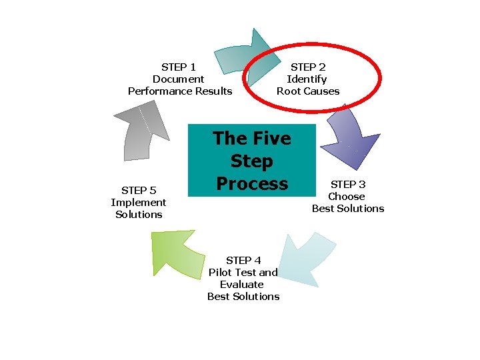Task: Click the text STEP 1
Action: pyautogui.click(x=179, y=67)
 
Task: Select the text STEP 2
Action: pyautogui.click(x=308, y=67)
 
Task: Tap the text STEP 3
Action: pyautogui.click(x=348, y=184)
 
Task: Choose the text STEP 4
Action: pyautogui.click(x=243, y=260)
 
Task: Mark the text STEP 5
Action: pyautogui.click(x=139, y=190)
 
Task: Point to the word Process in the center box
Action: pyautogui.click(x=252, y=183)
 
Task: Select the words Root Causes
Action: pyautogui.click(x=308, y=91)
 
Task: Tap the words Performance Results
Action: pyautogui.click(x=180, y=91)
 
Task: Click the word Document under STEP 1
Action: pyautogui.click(x=179, y=79)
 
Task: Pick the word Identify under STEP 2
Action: pyautogui.click(x=307, y=79)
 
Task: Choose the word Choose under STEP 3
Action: pyautogui.click(x=347, y=196)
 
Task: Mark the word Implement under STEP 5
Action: pyautogui.click(x=139, y=202)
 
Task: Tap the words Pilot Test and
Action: pyautogui.click(x=243, y=272)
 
